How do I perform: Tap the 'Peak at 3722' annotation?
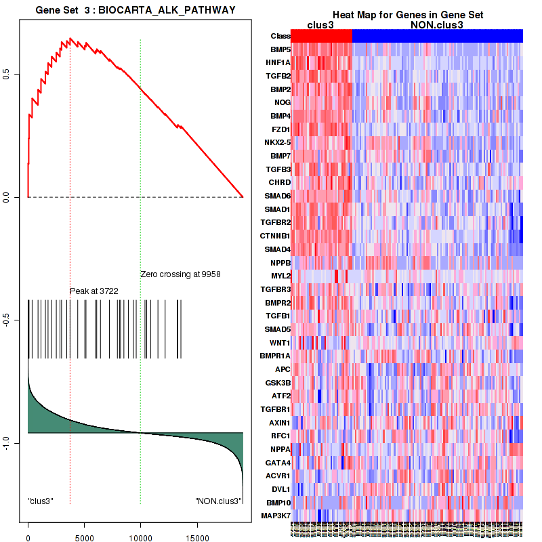[x=94, y=291]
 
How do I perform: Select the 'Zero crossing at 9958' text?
[x=181, y=274]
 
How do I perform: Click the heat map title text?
[x=407, y=15]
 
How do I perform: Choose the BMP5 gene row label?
[x=280, y=49]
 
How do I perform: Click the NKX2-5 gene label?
[x=277, y=142]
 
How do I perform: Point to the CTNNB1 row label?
[x=276, y=236]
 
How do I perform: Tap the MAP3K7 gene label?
[x=276, y=516]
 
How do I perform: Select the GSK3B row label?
[x=278, y=383]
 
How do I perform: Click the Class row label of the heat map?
[x=280, y=36]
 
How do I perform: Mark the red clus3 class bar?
[x=322, y=36]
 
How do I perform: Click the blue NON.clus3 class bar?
[x=438, y=36]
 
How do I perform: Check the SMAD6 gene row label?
[x=278, y=196]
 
